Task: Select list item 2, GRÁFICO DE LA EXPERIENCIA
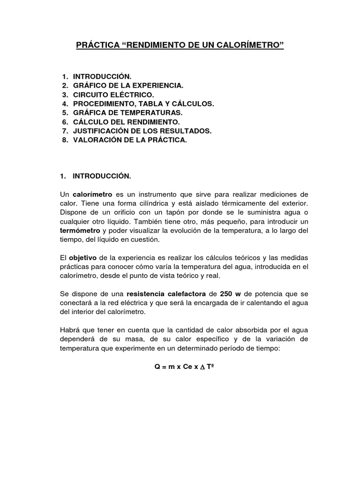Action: click(x=128, y=85)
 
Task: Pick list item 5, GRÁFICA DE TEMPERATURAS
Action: click(x=127, y=113)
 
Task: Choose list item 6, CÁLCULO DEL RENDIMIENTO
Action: click(x=126, y=122)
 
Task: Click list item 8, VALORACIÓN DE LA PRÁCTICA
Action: click(x=130, y=140)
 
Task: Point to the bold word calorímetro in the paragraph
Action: click(x=91, y=195)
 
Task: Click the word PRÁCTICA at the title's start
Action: click(x=98, y=46)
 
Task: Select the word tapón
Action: click(x=162, y=212)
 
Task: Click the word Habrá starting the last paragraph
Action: click(x=70, y=330)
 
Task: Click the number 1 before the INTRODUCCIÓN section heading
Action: click(x=62, y=176)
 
